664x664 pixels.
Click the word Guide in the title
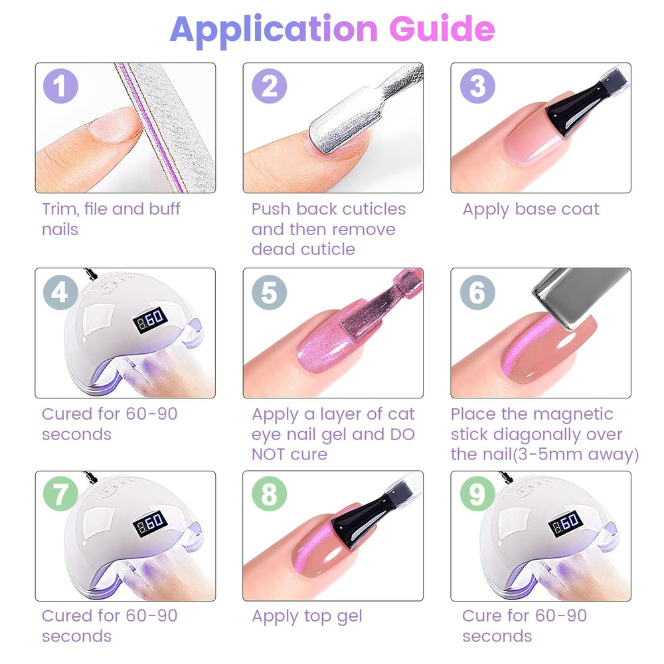coord(442,29)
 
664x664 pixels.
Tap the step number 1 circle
coord(60,86)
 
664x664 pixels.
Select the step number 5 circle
coord(270,292)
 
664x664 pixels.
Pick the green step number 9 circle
coord(477,494)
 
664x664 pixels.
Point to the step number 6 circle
coord(477,292)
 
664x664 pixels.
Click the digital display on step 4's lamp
coord(150,320)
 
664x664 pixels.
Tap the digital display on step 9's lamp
coord(566,524)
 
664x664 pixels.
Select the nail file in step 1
coord(165,127)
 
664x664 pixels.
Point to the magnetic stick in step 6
coord(580,295)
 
